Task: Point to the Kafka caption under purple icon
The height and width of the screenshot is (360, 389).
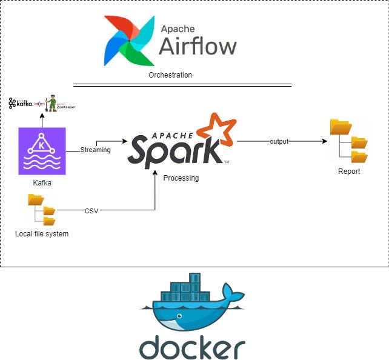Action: pyautogui.click(x=42, y=182)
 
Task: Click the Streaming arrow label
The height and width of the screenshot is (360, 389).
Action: pyautogui.click(x=95, y=150)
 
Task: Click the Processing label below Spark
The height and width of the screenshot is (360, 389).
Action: pyautogui.click(x=181, y=178)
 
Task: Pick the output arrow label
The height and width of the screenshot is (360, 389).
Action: pyautogui.click(x=279, y=141)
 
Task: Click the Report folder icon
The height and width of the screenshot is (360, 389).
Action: pyautogui.click(x=348, y=141)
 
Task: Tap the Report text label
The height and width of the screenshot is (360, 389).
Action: pyautogui.click(x=349, y=172)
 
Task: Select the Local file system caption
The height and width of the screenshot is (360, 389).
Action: pyautogui.click(x=42, y=234)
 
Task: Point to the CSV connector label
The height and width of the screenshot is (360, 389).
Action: pyautogui.click(x=91, y=211)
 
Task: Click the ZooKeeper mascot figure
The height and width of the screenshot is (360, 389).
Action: pyautogui.click(x=53, y=102)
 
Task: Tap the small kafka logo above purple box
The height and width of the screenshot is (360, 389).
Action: pyautogui.click(x=21, y=104)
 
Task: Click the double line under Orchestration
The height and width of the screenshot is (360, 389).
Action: pyautogui.click(x=182, y=85)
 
